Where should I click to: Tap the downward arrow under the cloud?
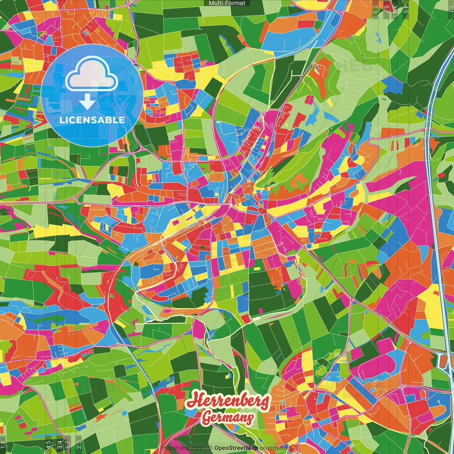[87, 103]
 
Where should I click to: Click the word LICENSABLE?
[92, 120]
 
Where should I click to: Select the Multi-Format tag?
[227, 3]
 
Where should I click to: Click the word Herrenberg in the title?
[228, 401]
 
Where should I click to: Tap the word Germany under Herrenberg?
[227, 417]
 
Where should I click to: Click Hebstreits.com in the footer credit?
[182, 448]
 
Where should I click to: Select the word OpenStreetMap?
[236, 448]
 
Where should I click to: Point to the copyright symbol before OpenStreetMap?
[210, 448]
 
